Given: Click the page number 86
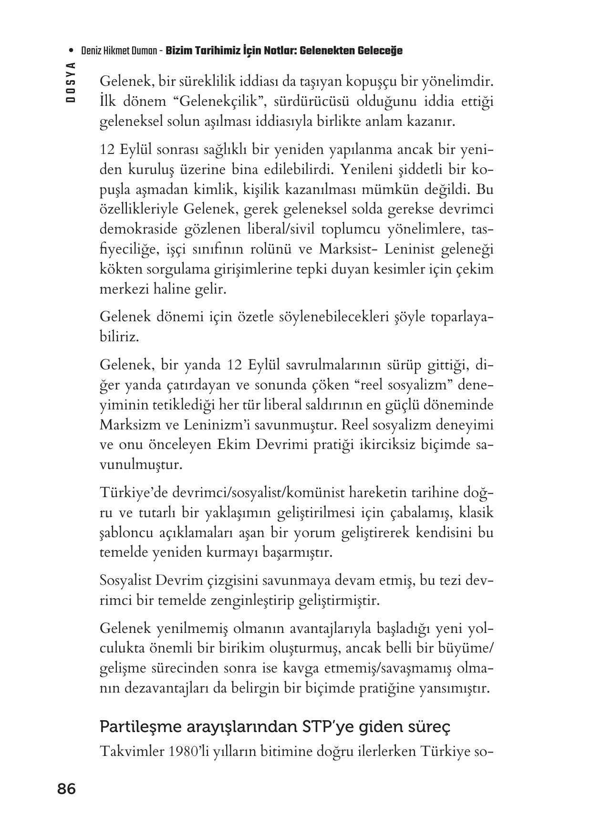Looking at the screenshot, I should [x=66, y=789].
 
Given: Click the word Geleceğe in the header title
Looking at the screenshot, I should [x=379, y=51].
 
